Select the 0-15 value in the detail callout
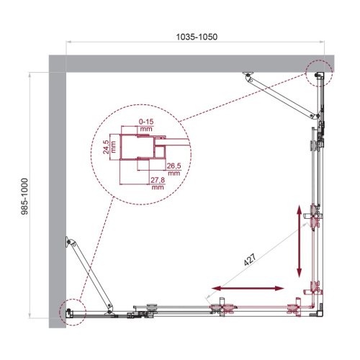click(x=146, y=129)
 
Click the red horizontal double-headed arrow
click(x=247, y=288)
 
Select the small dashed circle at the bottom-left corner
click(x=72, y=310)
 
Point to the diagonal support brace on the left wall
click(x=90, y=274)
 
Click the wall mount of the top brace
click(x=248, y=74)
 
